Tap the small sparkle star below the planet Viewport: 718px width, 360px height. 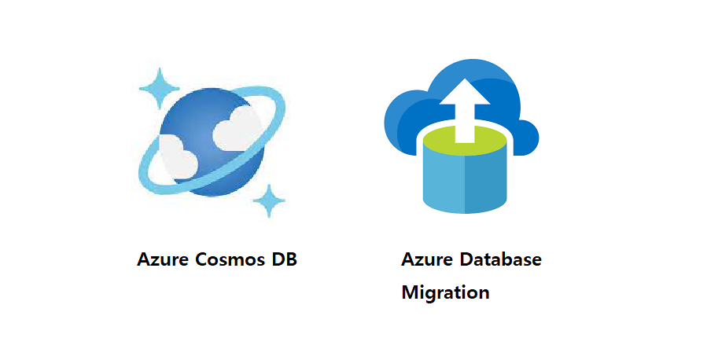click(x=270, y=200)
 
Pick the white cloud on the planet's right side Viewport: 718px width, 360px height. click(x=235, y=128)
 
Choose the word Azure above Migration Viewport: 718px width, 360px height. click(x=425, y=259)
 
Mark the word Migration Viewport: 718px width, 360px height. click(x=445, y=293)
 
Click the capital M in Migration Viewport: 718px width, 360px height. click(x=410, y=292)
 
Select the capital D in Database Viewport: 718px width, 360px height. click(x=467, y=259)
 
